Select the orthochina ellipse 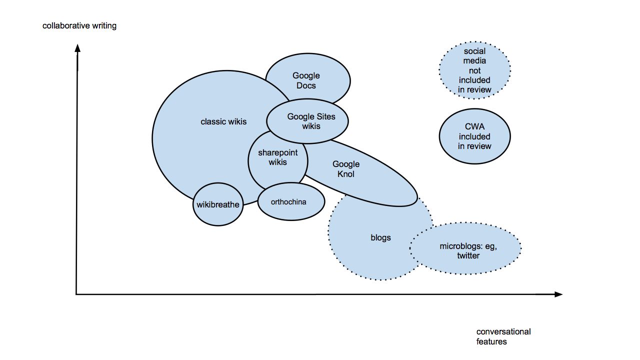click(x=291, y=201)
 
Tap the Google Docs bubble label click(x=306, y=80)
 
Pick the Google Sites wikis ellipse click(x=307, y=121)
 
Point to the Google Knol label click(x=346, y=169)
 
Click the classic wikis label click(x=223, y=121)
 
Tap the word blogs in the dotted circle click(x=380, y=237)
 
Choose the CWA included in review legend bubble click(x=474, y=136)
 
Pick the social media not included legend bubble click(x=474, y=70)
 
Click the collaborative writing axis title click(x=79, y=25)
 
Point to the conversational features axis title click(x=503, y=336)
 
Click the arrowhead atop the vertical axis click(x=77, y=48)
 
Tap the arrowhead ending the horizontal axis click(x=558, y=294)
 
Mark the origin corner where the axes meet click(x=76, y=294)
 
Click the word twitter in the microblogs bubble click(x=468, y=255)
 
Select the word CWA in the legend click(x=474, y=127)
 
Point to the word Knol click(x=346, y=174)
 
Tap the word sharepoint click(x=277, y=152)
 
